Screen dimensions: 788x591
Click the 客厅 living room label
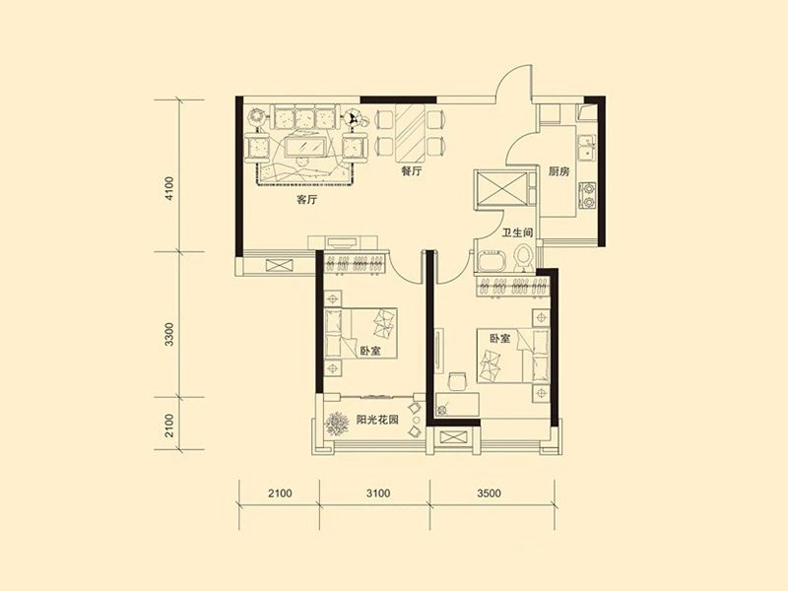point(307,200)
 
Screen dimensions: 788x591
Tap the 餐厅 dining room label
point(411,171)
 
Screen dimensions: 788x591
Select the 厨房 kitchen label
point(558,171)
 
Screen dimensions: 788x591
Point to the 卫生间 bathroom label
point(518,233)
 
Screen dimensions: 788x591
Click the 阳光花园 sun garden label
point(377,420)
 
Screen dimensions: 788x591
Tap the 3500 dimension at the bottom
point(489,493)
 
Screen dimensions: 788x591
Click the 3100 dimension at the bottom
point(378,493)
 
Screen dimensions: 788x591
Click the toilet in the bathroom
point(524,257)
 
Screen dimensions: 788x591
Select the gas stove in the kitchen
point(587,195)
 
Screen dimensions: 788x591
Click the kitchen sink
point(587,149)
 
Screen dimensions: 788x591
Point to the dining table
point(410,133)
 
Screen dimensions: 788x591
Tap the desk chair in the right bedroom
point(457,381)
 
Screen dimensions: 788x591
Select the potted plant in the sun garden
point(337,424)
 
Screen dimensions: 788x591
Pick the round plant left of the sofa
point(257,117)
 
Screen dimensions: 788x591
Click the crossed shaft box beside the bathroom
point(501,188)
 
